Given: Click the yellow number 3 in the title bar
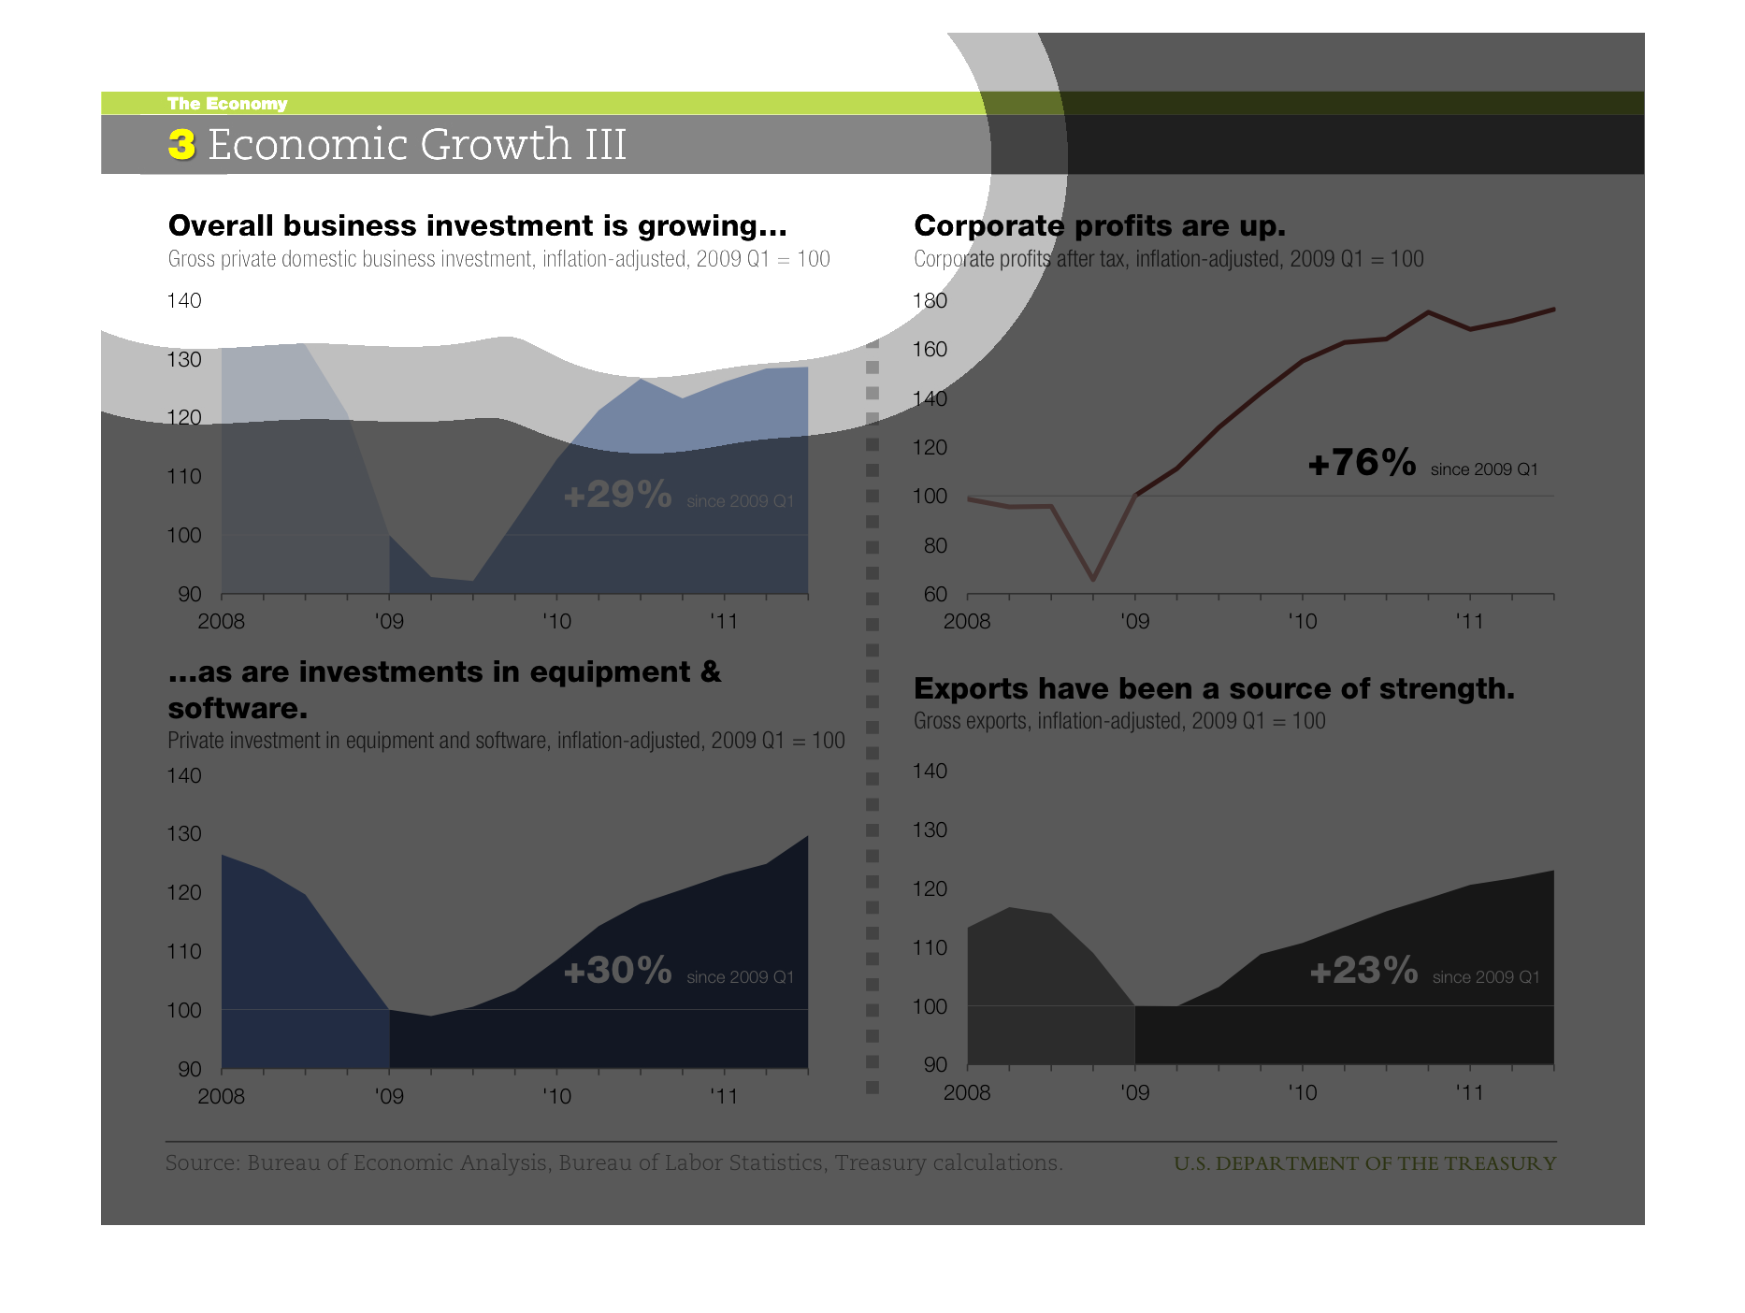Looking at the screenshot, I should pyautogui.click(x=181, y=145).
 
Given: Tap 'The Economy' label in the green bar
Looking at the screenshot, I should pyautogui.click(x=227, y=104).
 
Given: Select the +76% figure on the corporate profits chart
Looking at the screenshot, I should pyautogui.click(x=1362, y=463).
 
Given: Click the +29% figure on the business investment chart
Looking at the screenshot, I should pyautogui.click(x=617, y=495).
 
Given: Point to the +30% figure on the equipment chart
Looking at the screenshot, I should pyautogui.click(x=617, y=971).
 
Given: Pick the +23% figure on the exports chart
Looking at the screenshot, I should pyautogui.click(x=1363, y=971).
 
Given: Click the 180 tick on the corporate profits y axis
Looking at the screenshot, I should pyautogui.click(x=930, y=301).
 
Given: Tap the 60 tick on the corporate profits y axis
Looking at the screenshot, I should pyautogui.click(x=935, y=595).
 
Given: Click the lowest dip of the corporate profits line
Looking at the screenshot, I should pyautogui.click(x=1093, y=580).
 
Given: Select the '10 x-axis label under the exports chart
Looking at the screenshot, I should pyautogui.click(x=1302, y=1092).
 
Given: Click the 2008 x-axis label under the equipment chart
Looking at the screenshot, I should pyautogui.click(x=221, y=1096).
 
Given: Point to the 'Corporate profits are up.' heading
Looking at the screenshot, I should pyautogui.click(x=1099, y=226).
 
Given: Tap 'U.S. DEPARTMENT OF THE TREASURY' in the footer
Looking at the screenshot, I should pyautogui.click(x=1364, y=1163).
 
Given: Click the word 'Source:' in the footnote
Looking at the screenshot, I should pyautogui.click(x=203, y=1163).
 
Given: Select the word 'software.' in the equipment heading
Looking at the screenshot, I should pyautogui.click(x=238, y=709).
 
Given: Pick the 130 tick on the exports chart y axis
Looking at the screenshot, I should pyautogui.click(x=930, y=830).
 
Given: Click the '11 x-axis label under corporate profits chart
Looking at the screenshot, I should pyautogui.click(x=1469, y=621).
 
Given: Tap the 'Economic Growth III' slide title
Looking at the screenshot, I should pyautogui.click(x=416, y=145).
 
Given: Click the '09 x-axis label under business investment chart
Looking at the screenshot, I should pyautogui.click(x=389, y=621).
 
